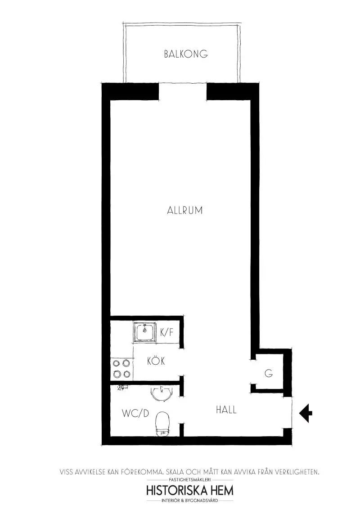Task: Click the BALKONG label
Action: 186,54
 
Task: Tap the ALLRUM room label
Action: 184,210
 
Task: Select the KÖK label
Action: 156,361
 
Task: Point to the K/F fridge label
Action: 166,333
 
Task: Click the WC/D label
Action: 135,414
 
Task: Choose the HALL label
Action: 226,410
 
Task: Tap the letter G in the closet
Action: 269,373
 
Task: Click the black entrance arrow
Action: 306,413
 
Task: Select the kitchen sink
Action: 145,333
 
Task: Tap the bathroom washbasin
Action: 161,393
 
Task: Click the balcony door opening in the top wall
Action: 183,92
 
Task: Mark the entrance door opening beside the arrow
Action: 288,412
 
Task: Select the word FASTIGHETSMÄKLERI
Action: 190,480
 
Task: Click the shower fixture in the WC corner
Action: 121,388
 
